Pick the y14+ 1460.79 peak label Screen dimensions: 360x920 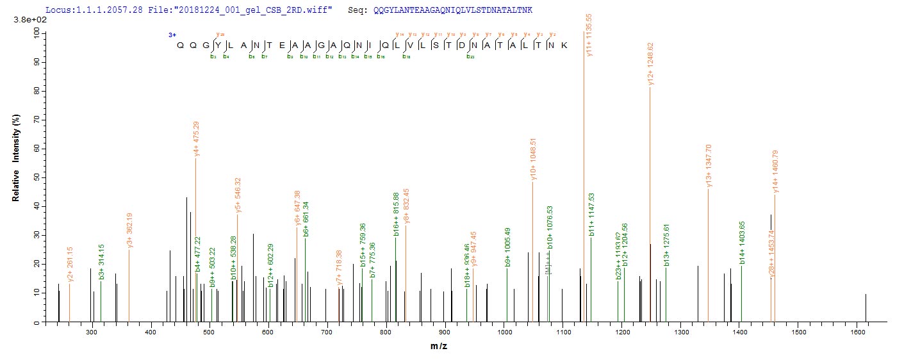tap(775, 172)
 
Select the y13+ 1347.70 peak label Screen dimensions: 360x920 tap(709, 167)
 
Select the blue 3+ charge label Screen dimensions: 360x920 tap(172, 35)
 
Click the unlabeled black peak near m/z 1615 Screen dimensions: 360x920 tap(866, 307)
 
